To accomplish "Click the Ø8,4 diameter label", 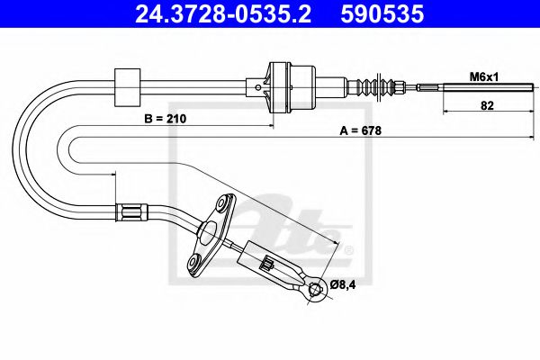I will pos(344,285).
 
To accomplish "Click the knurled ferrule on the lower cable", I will pos(130,213).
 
